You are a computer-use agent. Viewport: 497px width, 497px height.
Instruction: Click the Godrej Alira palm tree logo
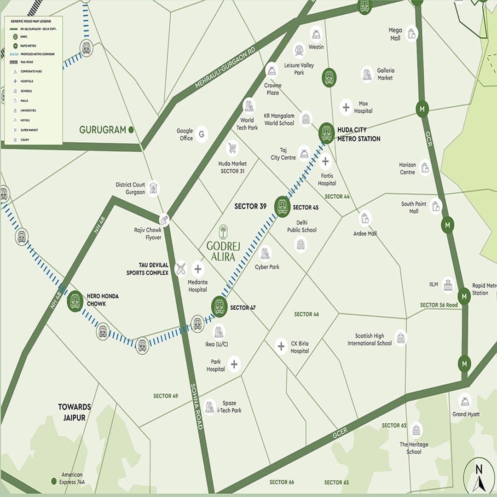pyautogui.click(x=223, y=231)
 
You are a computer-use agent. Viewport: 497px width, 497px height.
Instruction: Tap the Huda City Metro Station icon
pyautogui.click(x=326, y=132)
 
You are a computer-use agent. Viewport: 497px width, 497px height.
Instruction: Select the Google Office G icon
pyautogui.click(x=201, y=134)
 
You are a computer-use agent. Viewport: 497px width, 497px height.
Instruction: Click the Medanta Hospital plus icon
pyautogui.click(x=198, y=269)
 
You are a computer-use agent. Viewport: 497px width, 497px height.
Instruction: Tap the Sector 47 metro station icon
pyautogui.click(x=220, y=306)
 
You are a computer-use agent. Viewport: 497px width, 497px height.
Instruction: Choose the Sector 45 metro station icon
pyautogui.click(x=282, y=206)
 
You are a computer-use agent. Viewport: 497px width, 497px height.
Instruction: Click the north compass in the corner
pyautogui.click(x=479, y=475)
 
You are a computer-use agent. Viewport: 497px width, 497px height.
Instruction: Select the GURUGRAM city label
pyautogui.click(x=102, y=130)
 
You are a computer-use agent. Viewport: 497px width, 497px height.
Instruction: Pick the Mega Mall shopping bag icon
pyautogui.click(x=411, y=34)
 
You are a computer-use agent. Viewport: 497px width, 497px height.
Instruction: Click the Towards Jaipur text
pyautogui.click(x=75, y=411)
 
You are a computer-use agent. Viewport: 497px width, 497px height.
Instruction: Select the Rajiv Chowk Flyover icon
pyautogui.click(x=164, y=220)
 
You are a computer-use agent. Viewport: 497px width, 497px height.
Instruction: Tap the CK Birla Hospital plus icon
pyautogui.click(x=281, y=346)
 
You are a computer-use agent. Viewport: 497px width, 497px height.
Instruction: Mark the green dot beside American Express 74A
pyautogui.click(x=54, y=481)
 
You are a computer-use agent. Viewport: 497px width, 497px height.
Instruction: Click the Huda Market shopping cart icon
pyautogui.click(x=233, y=148)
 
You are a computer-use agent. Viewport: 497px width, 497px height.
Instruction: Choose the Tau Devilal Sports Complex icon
pyautogui.click(x=181, y=269)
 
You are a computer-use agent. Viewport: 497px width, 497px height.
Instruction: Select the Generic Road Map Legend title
pyautogui.click(x=31, y=21)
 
